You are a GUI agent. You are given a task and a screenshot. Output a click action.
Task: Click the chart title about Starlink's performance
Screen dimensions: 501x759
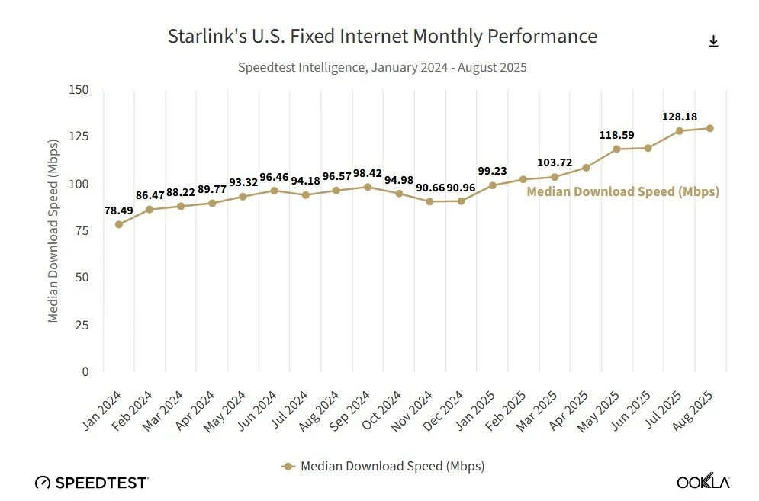point(382,36)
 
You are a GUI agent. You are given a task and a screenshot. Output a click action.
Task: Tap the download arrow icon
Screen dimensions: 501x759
point(713,41)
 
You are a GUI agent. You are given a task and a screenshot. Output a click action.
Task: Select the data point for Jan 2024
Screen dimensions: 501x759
point(119,224)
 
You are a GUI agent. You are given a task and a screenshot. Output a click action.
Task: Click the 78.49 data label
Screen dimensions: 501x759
point(119,210)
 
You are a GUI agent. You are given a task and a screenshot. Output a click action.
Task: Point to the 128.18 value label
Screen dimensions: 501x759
point(679,117)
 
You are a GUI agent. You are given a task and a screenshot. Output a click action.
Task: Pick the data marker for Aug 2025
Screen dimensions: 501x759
point(710,128)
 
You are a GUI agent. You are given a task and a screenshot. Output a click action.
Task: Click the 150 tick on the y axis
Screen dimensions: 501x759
point(79,89)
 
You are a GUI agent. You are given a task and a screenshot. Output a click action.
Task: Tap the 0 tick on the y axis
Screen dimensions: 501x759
point(85,371)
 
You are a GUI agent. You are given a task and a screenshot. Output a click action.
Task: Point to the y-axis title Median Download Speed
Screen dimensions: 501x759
point(53,231)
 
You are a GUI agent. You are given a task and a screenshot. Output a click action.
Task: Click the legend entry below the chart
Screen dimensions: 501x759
point(383,465)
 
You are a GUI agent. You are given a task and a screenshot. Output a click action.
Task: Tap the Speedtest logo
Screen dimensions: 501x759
point(92,482)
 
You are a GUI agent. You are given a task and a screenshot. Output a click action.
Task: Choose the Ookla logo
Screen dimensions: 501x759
point(703,482)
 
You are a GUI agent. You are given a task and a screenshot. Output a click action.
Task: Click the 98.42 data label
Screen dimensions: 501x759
point(368,172)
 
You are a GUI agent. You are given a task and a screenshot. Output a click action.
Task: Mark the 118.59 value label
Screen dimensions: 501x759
point(616,135)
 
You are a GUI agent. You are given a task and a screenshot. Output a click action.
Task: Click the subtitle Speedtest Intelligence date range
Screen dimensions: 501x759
point(382,67)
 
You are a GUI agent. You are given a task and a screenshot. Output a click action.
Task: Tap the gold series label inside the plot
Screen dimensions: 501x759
point(622,192)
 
